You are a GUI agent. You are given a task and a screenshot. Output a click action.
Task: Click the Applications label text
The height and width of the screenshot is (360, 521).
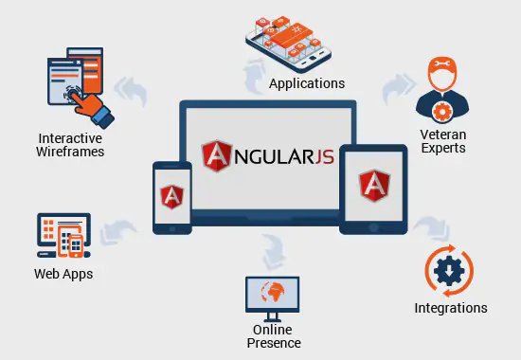coord(307,83)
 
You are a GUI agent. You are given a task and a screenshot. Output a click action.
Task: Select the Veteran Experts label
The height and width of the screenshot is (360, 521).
coord(442,141)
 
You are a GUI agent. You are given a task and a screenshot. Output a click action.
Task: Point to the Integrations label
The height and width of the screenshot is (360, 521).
coord(451,308)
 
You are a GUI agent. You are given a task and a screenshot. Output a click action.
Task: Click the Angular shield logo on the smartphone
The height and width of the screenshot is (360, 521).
coord(172,196)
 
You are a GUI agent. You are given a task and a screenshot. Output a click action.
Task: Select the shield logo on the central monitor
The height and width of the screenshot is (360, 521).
coord(216,154)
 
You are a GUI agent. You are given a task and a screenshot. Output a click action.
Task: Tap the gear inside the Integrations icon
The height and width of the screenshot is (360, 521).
coord(448,268)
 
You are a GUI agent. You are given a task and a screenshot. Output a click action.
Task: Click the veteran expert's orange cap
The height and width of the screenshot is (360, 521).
coord(442,70)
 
